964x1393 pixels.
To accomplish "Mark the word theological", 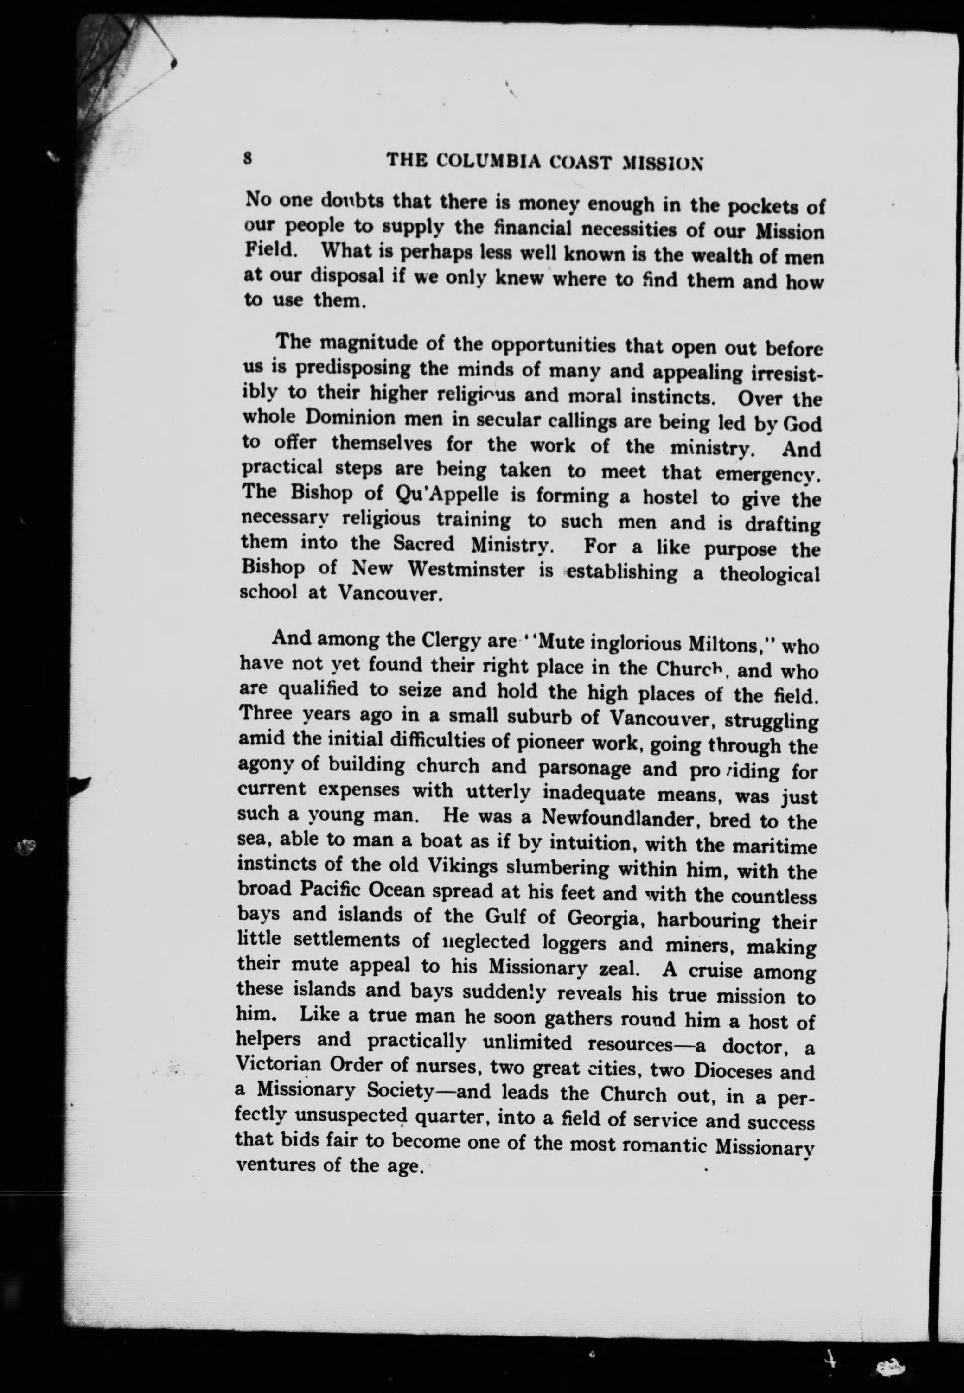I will (770, 573).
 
